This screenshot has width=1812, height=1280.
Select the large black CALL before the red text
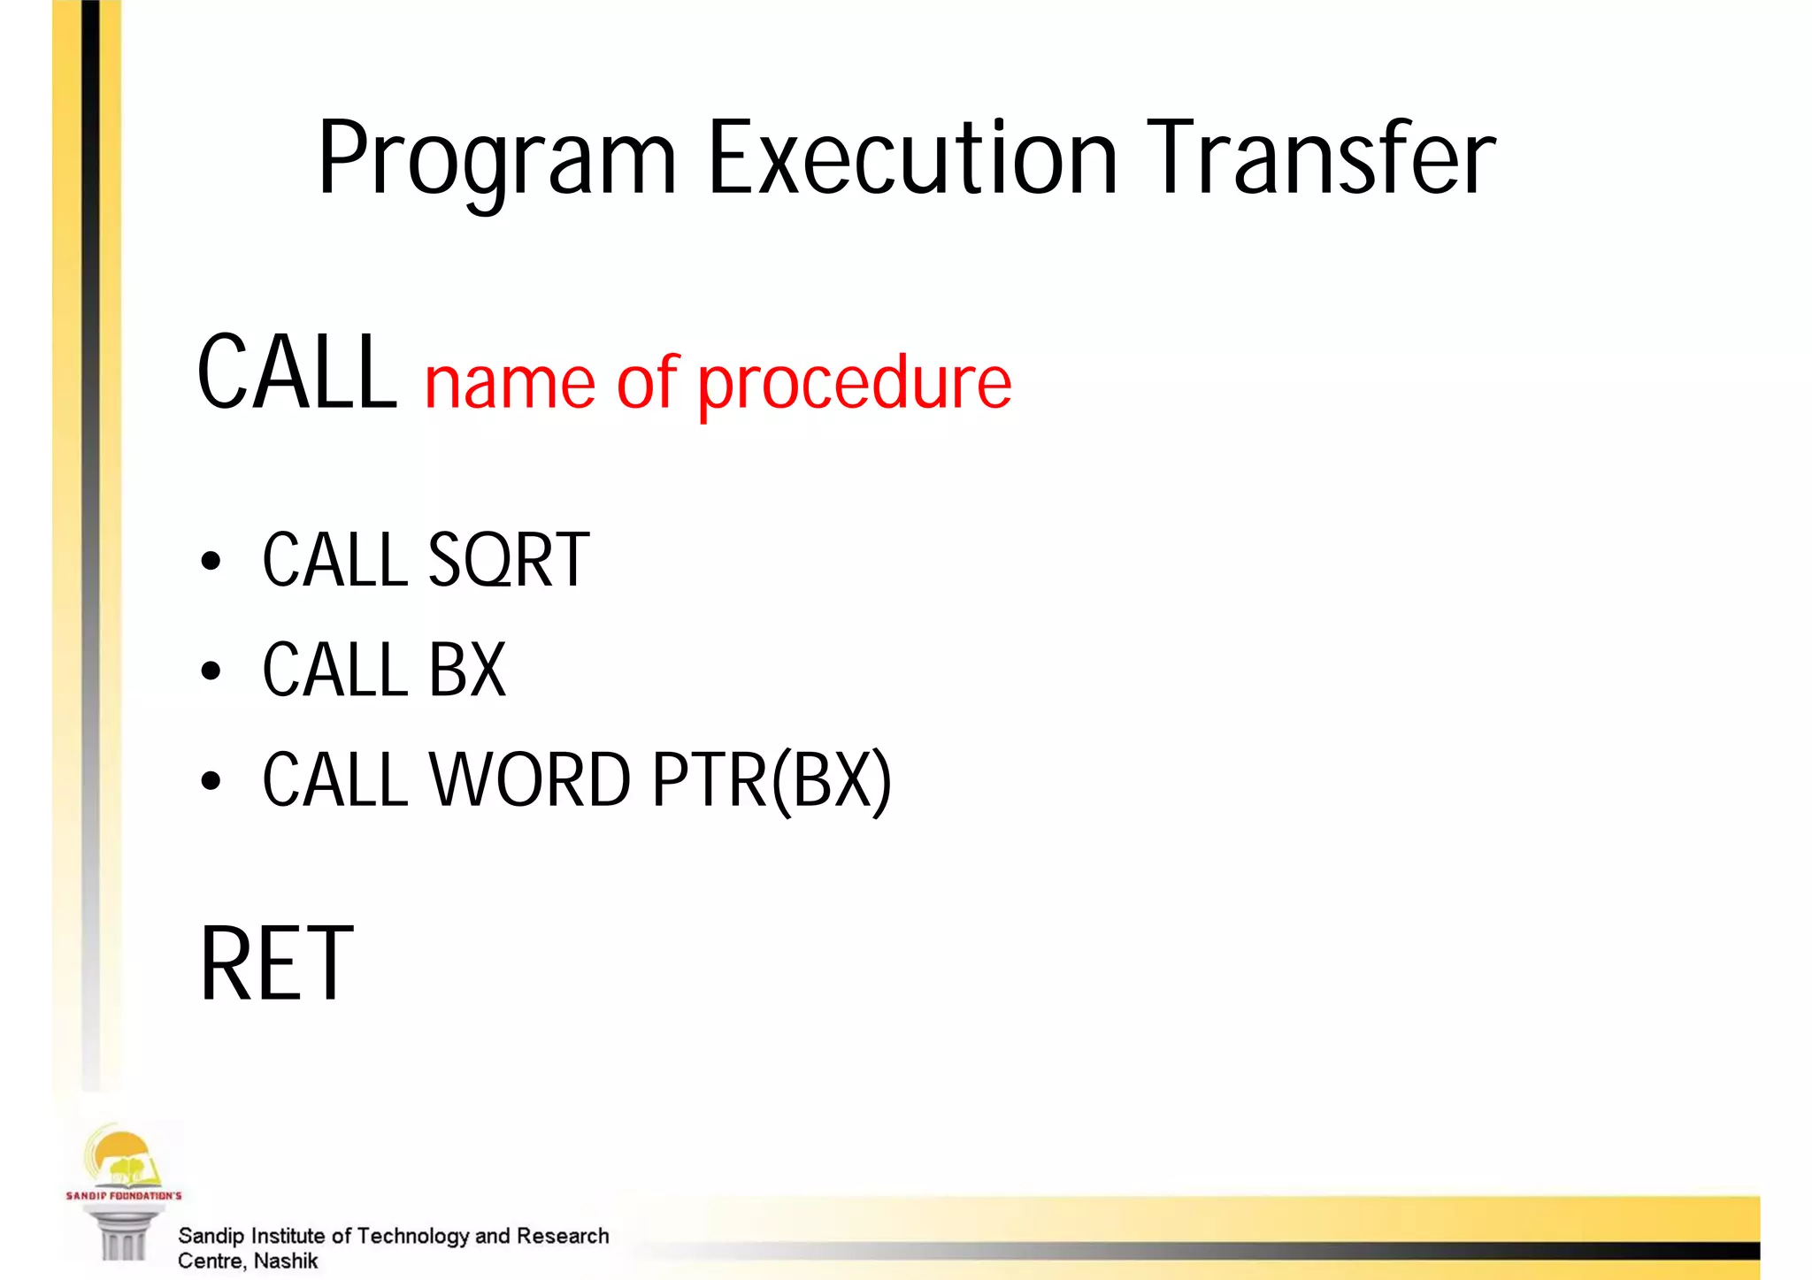click(x=297, y=373)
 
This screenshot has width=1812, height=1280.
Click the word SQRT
click(x=508, y=561)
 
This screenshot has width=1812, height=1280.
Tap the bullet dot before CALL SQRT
click(x=211, y=562)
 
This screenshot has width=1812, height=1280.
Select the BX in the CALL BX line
click(x=467, y=671)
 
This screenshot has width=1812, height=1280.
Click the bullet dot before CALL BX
click(x=211, y=671)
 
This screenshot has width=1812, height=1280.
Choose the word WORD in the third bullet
click(x=530, y=780)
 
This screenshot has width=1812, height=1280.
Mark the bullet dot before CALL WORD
click(x=211, y=781)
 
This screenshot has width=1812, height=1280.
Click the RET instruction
click(x=277, y=963)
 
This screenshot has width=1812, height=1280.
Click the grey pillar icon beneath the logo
click(x=123, y=1235)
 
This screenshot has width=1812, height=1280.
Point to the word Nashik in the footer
click(x=285, y=1261)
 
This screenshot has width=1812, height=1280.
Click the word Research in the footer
click(x=563, y=1236)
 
